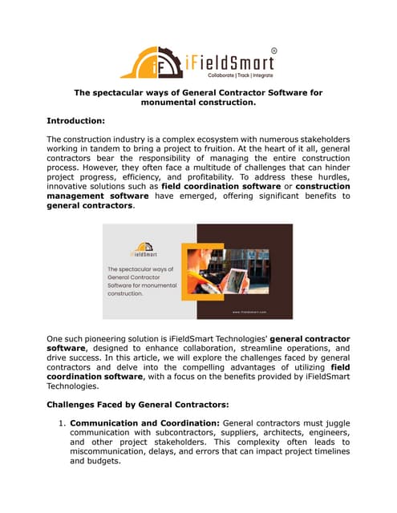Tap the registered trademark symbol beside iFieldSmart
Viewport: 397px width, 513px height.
coord(273,50)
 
